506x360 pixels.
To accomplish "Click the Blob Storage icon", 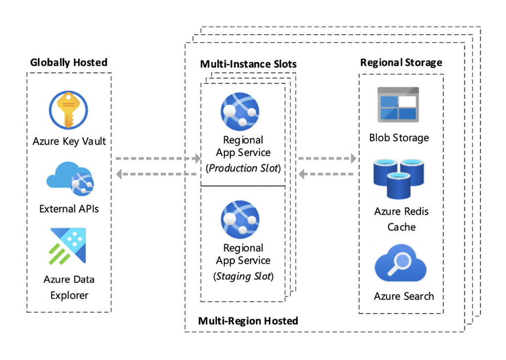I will (x=398, y=104).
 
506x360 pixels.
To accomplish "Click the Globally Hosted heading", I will (x=69, y=62).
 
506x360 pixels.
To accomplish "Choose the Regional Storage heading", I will (x=401, y=62).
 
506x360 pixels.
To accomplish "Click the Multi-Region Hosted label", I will (x=248, y=321).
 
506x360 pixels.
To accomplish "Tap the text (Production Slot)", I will (x=243, y=168).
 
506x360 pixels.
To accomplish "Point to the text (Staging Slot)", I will (x=243, y=276).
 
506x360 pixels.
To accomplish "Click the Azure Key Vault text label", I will (x=69, y=141).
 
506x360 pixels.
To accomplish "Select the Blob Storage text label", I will (x=399, y=137).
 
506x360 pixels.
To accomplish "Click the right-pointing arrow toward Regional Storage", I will (x=327, y=159).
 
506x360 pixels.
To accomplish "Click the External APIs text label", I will (x=69, y=209).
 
